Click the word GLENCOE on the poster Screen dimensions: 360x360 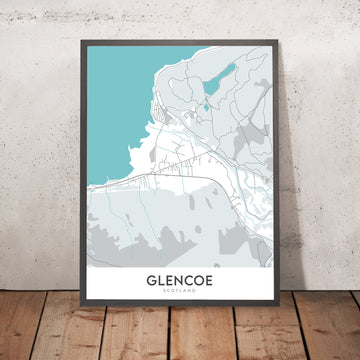click(x=182, y=281)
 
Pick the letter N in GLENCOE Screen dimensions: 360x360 click(x=182, y=281)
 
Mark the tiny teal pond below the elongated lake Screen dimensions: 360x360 click(x=205, y=103)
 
